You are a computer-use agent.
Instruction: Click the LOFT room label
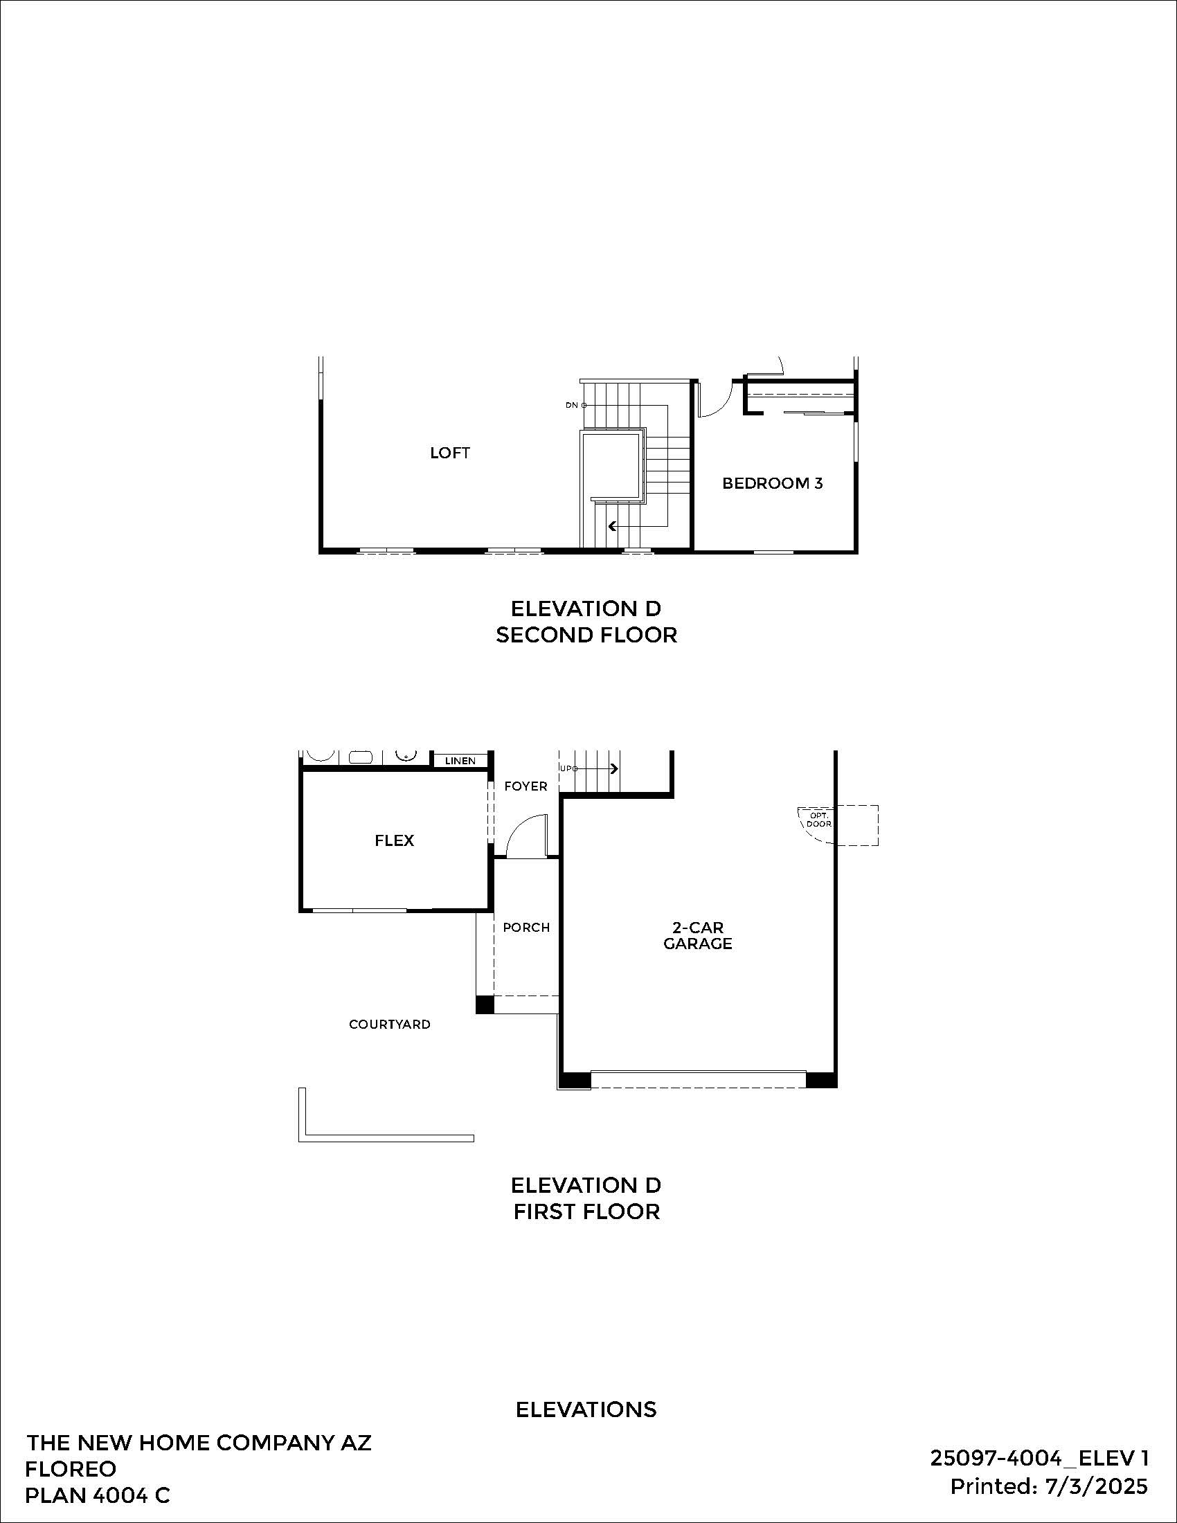[x=450, y=453]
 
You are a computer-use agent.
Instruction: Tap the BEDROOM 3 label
[x=772, y=483]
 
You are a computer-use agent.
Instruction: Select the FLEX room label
[x=394, y=840]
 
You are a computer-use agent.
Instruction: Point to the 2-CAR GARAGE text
[x=697, y=935]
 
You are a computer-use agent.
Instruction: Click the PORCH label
[x=525, y=928]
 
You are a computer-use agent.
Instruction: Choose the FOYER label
[x=525, y=786]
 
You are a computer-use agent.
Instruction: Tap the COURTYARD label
[x=390, y=1024]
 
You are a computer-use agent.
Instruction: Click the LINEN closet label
[x=460, y=761]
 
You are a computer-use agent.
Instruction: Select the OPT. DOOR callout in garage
[x=818, y=820]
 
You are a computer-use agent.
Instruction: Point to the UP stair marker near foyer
[x=567, y=768]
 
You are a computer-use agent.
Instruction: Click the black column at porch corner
[x=485, y=1005]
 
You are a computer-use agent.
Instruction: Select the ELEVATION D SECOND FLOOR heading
[x=586, y=622]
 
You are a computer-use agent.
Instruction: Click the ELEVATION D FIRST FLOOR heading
[x=586, y=1198]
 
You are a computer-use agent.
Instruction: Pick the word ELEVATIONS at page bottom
[x=586, y=1409]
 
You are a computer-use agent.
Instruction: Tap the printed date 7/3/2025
[x=1096, y=1486]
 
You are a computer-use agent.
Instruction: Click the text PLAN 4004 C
[x=97, y=1495]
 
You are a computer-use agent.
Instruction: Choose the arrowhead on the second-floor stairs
[x=611, y=527]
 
